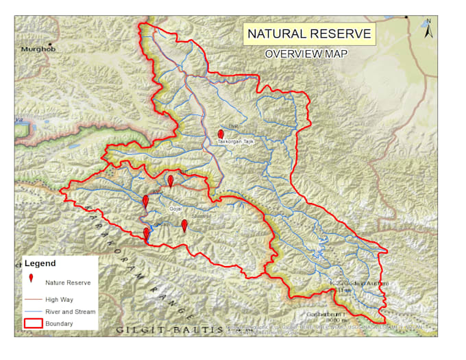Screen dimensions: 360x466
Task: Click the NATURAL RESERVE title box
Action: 309,34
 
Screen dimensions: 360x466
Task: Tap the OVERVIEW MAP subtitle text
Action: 306,54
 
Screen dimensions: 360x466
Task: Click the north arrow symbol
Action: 428,28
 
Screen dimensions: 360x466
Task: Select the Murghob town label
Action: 36,49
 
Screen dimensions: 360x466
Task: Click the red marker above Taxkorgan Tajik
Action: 220,134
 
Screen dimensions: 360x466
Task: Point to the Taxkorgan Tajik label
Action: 236,141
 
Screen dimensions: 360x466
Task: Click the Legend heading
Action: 40,263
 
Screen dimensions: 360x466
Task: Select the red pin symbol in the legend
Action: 32,278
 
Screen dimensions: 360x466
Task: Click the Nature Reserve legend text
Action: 68,283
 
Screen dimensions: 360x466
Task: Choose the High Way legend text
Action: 59,300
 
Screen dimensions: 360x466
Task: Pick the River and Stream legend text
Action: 71,311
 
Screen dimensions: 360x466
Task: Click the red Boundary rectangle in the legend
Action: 33,323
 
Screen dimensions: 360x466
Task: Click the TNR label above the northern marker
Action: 232,127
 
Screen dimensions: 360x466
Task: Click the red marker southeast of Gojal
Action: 184,226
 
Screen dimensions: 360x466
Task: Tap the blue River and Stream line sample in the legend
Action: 33,311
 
